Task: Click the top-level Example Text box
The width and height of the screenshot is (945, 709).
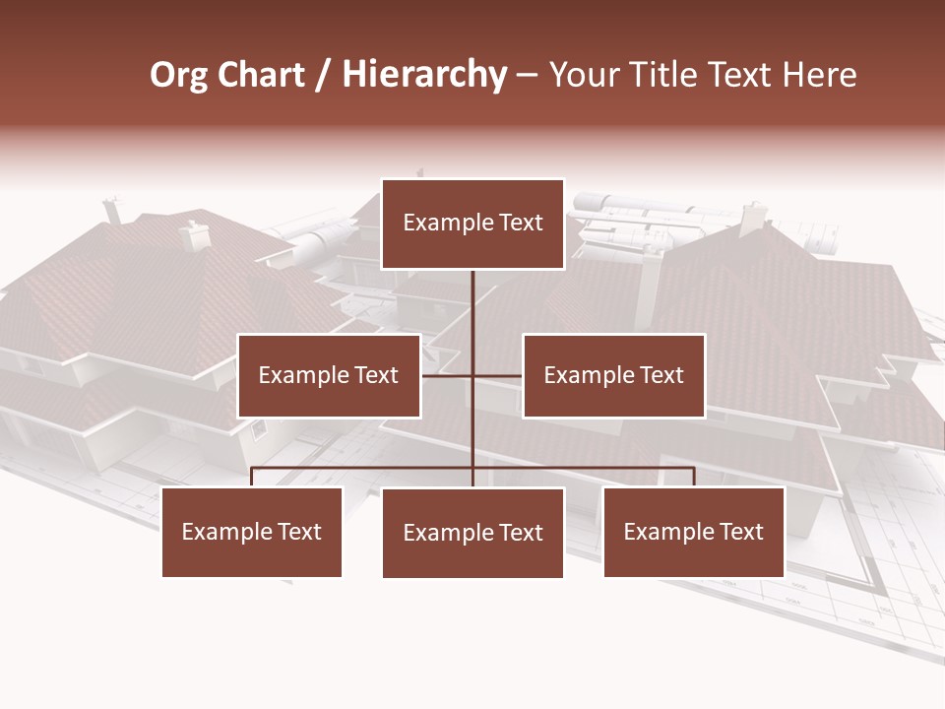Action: pos(472,224)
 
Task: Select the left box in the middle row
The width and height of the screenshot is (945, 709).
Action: pos(329,375)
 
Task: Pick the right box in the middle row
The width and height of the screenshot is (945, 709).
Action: pos(613,375)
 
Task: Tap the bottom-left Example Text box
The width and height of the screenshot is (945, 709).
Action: pos(252,532)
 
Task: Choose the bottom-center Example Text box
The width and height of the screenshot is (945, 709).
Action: pos(472,533)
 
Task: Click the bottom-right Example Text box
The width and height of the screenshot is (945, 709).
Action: pos(693,532)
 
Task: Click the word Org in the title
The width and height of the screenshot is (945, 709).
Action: pos(178,75)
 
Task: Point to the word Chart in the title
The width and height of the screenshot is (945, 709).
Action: pos(260,75)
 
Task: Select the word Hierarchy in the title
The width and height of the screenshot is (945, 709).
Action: pos(424,75)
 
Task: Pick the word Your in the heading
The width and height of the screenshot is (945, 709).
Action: pos(584,75)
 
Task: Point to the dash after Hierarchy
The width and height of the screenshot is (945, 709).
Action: pos(527,75)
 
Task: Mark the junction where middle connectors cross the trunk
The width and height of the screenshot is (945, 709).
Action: pos(472,375)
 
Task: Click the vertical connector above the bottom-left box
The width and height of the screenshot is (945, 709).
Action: pos(252,477)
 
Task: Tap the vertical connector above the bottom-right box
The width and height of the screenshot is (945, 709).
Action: pos(693,477)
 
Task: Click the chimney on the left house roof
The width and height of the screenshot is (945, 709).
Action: pos(194,234)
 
